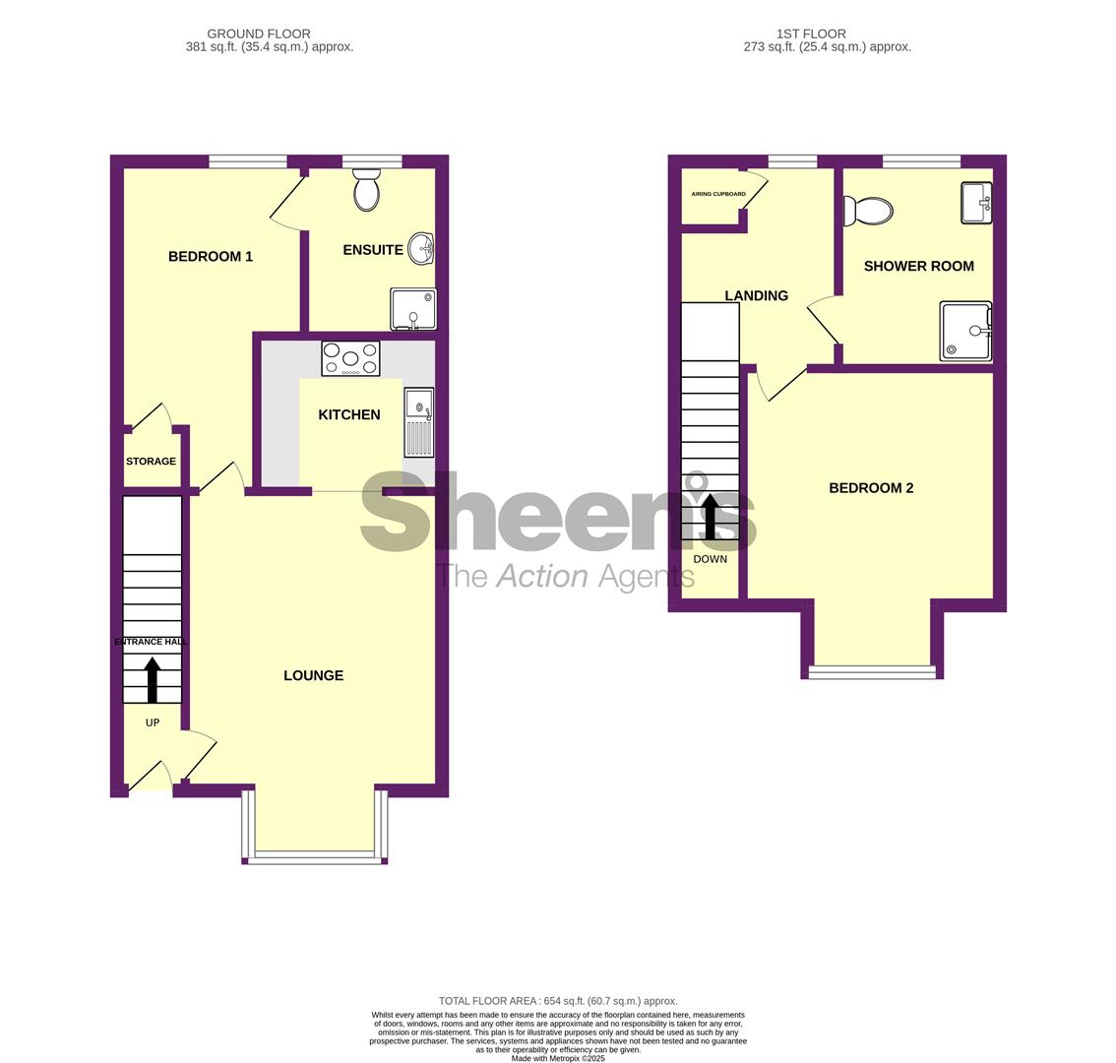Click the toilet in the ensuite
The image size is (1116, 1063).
(366, 189)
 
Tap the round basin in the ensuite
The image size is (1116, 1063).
(422, 249)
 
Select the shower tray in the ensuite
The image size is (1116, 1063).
(413, 309)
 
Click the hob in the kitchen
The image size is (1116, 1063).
(351, 358)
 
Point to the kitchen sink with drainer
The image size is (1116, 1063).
(419, 422)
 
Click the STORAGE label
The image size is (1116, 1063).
(151, 462)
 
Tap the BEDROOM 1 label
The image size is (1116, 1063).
(211, 256)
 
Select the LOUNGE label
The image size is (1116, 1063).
(314, 675)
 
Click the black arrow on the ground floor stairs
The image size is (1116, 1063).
(153, 680)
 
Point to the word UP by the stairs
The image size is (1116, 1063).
(153, 722)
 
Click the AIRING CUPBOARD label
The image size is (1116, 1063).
(718, 194)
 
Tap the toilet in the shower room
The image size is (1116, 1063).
(868, 211)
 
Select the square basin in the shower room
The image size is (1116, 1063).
(976, 203)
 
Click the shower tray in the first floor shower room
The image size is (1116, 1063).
(965, 331)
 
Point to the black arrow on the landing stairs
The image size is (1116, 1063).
(711, 517)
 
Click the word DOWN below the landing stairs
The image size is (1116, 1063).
(711, 559)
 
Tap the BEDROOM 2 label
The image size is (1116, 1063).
(871, 488)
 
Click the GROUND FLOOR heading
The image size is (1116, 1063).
(259, 33)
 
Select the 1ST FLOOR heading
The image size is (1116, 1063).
(811, 33)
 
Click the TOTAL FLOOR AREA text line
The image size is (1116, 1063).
(558, 1001)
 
